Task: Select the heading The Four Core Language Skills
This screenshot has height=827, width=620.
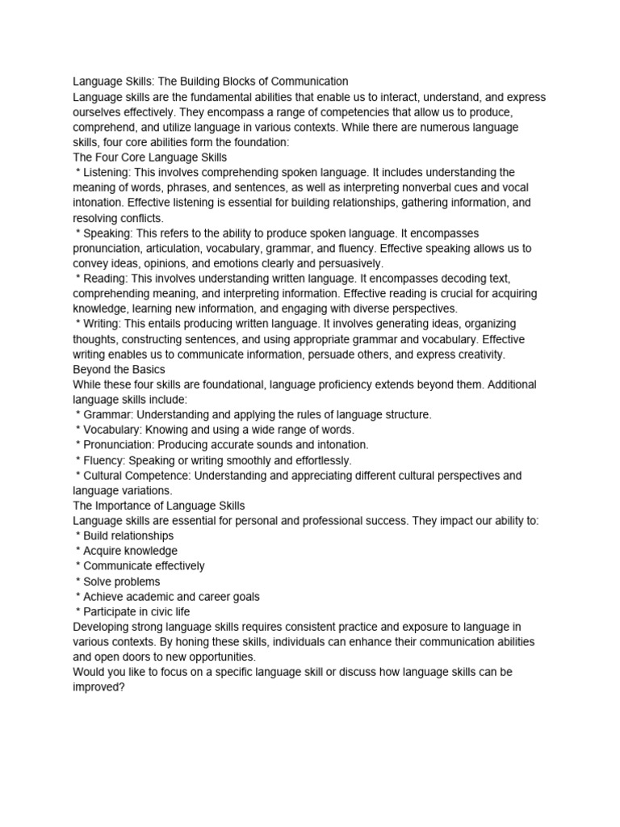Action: [149, 157]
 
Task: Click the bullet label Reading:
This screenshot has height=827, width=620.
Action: [106, 278]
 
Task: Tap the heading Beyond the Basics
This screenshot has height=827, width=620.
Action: [119, 369]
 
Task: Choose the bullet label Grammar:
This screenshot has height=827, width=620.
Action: [108, 414]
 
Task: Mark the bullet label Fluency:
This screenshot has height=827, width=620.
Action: [104, 460]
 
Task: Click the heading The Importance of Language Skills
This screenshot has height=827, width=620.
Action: [158, 506]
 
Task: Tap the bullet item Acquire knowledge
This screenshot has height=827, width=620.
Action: [130, 551]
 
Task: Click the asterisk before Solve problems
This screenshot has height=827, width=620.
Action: [77, 582]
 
